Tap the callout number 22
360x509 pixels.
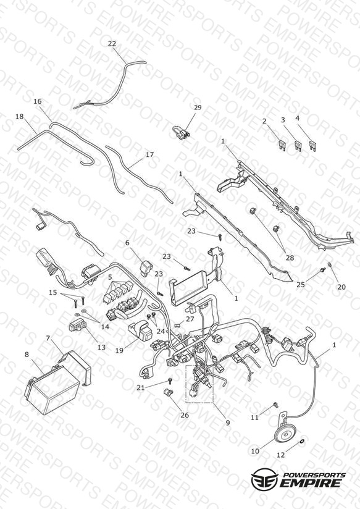pos(112,43)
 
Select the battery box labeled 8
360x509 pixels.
pos(52,390)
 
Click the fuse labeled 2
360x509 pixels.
pos(282,145)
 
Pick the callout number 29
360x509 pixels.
pos(198,107)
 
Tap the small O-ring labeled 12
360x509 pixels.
pos(301,440)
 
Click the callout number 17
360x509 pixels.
pos(149,154)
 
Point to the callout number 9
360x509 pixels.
pos(228,423)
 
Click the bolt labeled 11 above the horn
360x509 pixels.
pos(276,405)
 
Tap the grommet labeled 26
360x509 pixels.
pos(167,392)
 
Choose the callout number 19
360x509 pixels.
pos(119,350)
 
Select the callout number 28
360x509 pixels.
pos(290,258)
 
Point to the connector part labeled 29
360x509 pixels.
pos(180,133)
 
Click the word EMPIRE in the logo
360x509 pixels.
pos(311,482)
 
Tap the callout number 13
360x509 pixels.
pos(102,347)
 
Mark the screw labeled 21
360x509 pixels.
pos(169,380)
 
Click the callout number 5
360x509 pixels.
pos(111,277)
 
